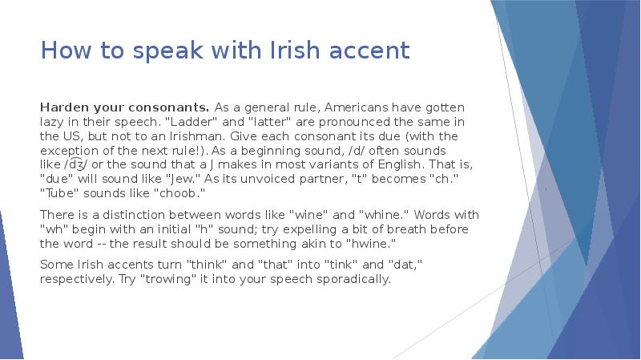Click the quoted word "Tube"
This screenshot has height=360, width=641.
tap(58, 193)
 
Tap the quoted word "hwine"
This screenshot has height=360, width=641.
tap(371, 244)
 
